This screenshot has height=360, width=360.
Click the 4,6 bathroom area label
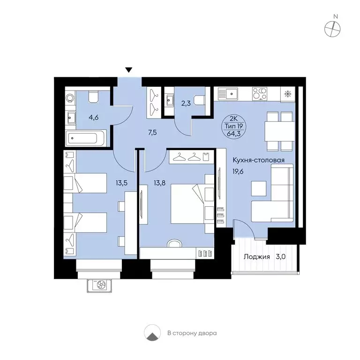(x=94, y=118)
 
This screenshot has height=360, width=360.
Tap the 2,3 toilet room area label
(x=186, y=103)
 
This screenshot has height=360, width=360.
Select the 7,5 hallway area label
(x=152, y=133)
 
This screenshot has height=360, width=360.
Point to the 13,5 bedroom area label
(x=122, y=183)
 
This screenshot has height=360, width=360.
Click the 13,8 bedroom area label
(x=159, y=183)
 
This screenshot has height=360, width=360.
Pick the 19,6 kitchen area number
(x=238, y=172)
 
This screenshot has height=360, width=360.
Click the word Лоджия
(x=257, y=257)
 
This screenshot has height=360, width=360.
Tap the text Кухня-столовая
(x=259, y=160)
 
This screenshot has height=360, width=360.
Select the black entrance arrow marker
(x=129, y=70)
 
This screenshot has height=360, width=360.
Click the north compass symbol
(x=332, y=29)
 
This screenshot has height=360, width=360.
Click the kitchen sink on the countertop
(x=228, y=94)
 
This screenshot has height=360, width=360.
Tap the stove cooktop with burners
(x=259, y=94)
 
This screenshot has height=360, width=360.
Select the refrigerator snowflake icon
(x=287, y=94)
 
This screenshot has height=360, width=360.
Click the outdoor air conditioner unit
(x=99, y=285)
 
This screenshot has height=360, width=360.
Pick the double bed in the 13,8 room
(x=187, y=203)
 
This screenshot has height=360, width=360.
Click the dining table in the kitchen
(x=279, y=131)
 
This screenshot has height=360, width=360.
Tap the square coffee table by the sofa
(x=259, y=188)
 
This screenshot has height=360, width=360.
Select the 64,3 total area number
(x=233, y=134)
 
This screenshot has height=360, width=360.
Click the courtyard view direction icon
(x=152, y=332)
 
